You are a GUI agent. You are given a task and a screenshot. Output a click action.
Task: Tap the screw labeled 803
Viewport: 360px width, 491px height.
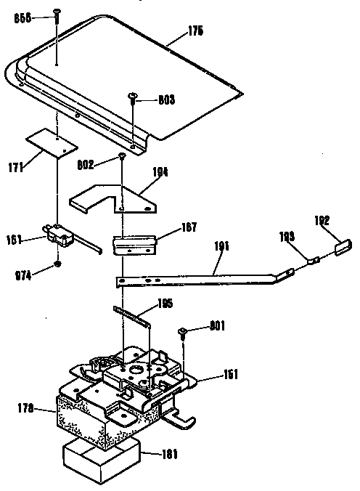click(x=133, y=97)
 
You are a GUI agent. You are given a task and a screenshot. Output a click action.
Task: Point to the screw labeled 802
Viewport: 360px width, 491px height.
click(x=123, y=155)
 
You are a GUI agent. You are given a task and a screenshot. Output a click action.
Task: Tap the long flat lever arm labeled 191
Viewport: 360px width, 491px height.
click(x=203, y=276)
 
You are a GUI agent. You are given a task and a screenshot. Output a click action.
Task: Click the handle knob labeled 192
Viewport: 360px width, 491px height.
click(x=342, y=245)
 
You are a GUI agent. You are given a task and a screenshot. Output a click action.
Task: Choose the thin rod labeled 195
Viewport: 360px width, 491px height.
click(x=133, y=313)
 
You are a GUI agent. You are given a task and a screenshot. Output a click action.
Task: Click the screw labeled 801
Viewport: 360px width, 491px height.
click(x=184, y=333)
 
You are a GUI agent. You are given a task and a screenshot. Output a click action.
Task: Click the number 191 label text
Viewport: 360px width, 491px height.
click(x=221, y=248)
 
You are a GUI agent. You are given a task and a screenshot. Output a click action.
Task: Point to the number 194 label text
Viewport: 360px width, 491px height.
click(x=160, y=171)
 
